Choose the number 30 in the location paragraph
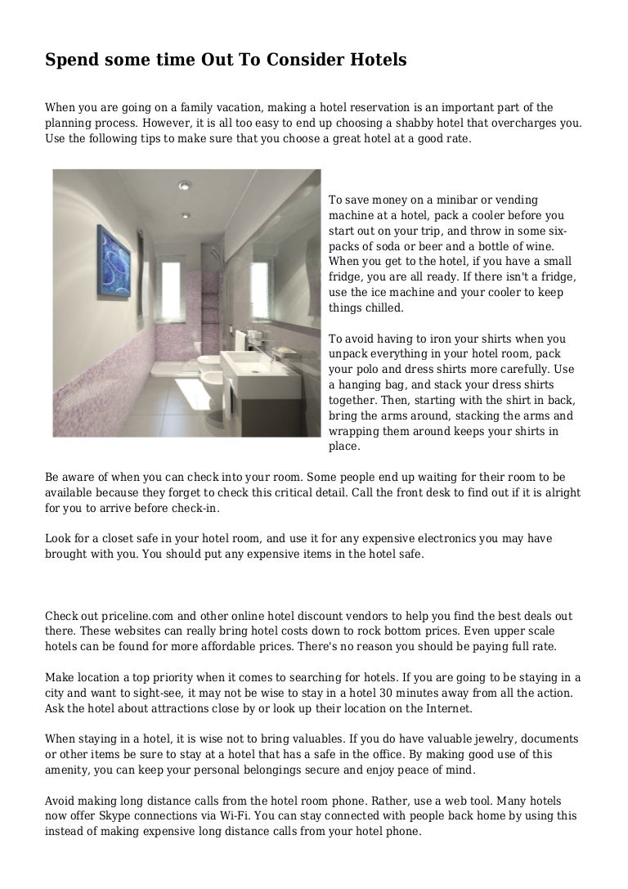[410, 693]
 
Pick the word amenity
[68, 770]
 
